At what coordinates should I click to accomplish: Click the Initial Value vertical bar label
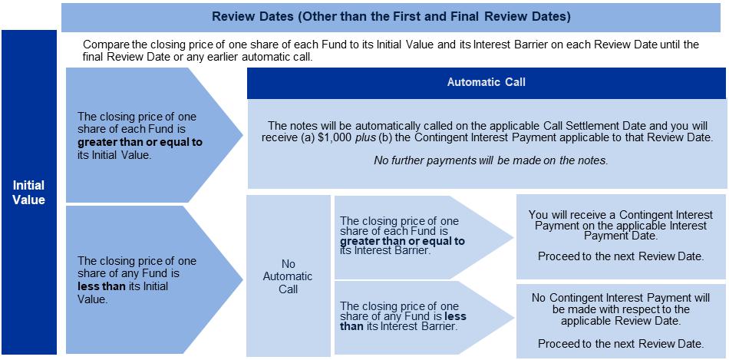click(x=29, y=193)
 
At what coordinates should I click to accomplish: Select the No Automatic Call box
click(x=288, y=276)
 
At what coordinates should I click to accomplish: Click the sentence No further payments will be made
click(x=487, y=160)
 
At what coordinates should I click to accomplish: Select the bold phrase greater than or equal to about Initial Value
click(x=140, y=142)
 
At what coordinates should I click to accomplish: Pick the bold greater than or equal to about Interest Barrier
click(x=402, y=240)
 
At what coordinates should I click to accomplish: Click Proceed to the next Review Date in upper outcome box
click(x=621, y=256)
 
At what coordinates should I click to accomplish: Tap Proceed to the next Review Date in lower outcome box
click(x=621, y=342)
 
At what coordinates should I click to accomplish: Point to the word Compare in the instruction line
click(x=104, y=45)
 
